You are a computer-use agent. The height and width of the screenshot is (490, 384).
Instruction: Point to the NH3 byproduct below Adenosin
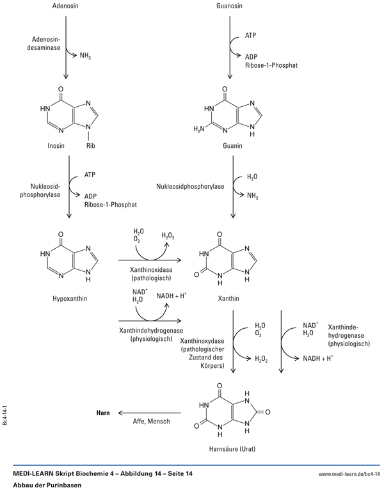click(x=87, y=55)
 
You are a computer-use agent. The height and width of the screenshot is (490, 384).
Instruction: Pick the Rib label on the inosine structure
click(x=90, y=144)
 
